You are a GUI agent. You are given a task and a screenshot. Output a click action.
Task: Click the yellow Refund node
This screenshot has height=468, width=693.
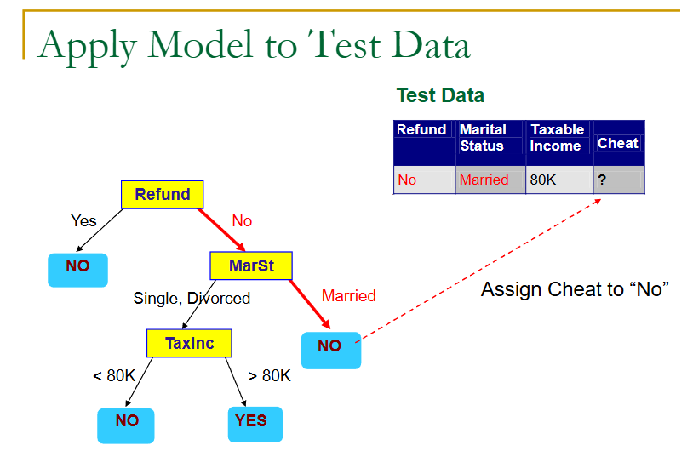point(162,195)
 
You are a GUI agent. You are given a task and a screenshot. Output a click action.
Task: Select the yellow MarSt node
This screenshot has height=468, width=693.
point(250,266)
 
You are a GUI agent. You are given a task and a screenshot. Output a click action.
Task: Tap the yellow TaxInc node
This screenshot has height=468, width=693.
point(189,343)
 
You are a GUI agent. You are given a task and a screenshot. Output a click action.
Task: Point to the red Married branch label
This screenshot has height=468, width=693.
point(348,296)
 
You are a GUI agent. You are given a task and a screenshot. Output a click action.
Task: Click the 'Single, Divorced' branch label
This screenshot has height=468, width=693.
point(192,298)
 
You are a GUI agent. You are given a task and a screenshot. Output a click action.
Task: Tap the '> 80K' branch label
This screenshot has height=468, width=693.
point(269,375)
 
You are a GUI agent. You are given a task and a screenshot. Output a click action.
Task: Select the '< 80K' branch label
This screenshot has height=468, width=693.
point(114,375)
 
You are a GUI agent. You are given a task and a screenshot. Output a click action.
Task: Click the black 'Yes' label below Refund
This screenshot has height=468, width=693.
point(83,221)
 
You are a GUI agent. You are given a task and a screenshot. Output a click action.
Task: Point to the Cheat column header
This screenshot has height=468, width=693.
point(617,143)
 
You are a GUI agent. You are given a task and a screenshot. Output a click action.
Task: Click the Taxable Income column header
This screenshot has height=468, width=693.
point(558,138)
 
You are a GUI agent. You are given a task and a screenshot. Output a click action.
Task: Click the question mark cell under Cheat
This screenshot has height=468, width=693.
point(618,180)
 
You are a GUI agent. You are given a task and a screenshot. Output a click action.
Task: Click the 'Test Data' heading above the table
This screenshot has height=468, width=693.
point(440,95)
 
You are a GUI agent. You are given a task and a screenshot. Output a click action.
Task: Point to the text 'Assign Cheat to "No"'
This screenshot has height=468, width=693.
point(575,289)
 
